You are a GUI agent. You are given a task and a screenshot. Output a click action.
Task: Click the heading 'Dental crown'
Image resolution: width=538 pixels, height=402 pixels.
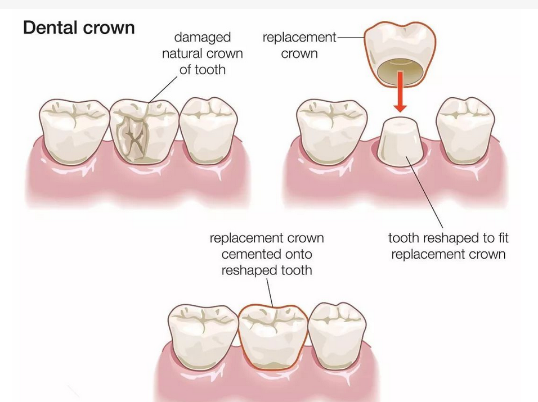79,27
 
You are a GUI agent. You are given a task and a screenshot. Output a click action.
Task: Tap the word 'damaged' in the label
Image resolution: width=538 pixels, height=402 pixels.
203,38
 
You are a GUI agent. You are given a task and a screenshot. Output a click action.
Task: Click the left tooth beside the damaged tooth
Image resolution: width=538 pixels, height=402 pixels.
74,129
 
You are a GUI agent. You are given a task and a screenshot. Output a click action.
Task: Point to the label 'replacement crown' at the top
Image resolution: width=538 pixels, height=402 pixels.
299,46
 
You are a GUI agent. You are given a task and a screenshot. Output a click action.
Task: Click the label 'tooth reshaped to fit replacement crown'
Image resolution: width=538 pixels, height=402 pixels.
448,246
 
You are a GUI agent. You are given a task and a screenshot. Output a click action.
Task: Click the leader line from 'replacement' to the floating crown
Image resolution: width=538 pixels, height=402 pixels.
350,38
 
